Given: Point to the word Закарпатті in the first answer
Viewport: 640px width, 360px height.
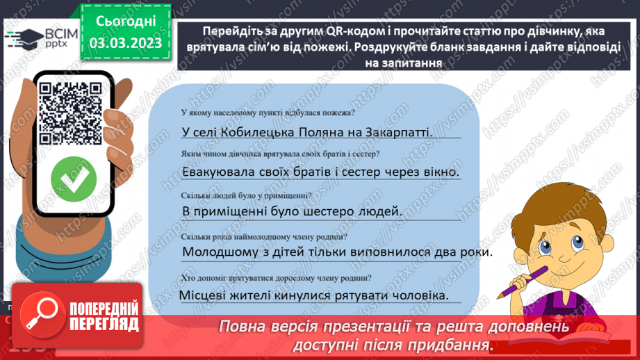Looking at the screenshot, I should pyautogui.click(x=399, y=132).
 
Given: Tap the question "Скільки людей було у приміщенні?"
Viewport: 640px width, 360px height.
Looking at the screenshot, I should pyautogui.click(x=245, y=195).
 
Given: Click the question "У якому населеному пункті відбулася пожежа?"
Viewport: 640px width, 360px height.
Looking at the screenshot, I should pyautogui.click(x=267, y=113).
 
